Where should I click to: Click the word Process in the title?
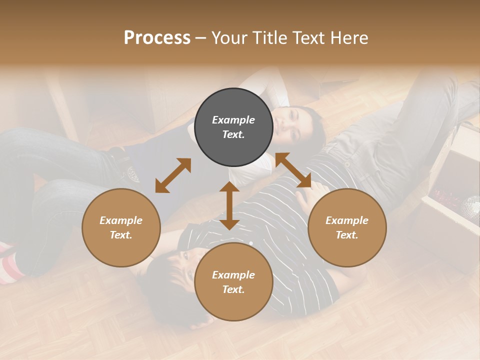157,38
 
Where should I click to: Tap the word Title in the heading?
270,38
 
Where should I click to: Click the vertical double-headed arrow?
229,205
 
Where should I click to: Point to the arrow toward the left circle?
173,175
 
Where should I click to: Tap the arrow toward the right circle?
293,170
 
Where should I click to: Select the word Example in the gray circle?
233,120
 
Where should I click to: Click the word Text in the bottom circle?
233,289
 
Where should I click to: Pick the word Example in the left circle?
121,220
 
